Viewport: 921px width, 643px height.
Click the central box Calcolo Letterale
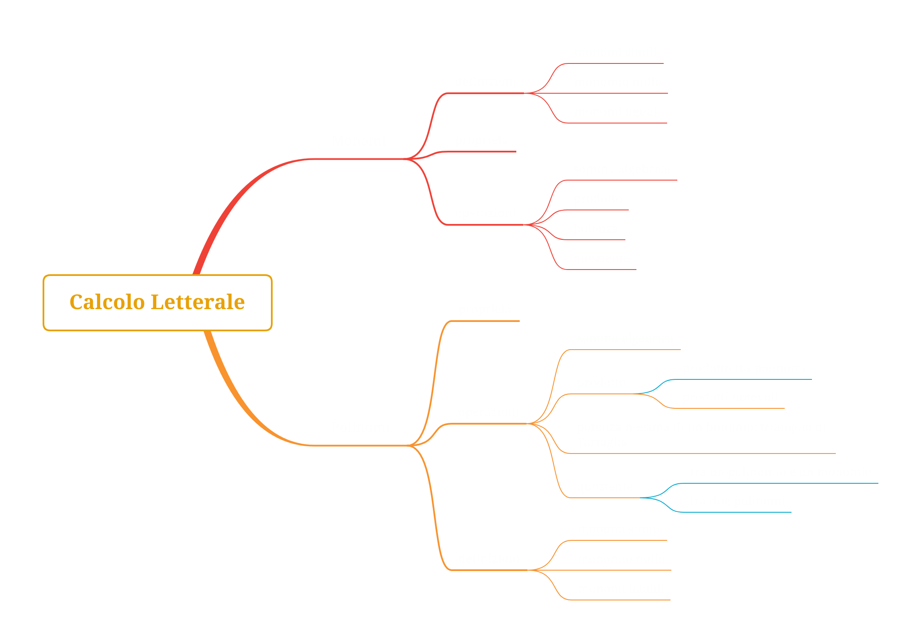coord(157,302)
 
